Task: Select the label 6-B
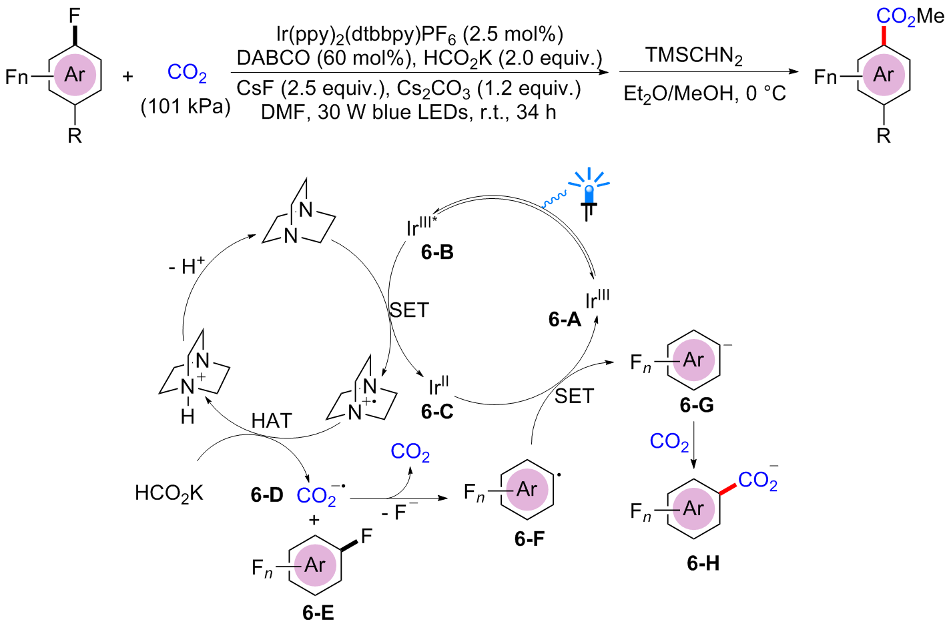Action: [437, 252]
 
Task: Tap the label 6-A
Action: [565, 320]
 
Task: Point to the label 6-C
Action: [437, 412]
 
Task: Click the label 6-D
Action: [267, 495]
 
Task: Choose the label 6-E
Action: [318, 613]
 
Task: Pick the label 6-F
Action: [529, 539]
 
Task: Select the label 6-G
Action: [697, 405]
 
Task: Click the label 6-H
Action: [703, 563]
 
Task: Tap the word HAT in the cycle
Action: [272, 420]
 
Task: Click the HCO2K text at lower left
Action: [169, 494]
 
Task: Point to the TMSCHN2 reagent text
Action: [693, 56]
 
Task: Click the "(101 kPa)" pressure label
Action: [185, 107]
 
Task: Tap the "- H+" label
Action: [186, 266]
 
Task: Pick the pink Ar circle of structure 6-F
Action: [527, 490]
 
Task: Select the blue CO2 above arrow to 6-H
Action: [669, 441]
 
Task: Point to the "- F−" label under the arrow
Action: [400, 512]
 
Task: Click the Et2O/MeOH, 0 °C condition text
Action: [704, 93]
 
